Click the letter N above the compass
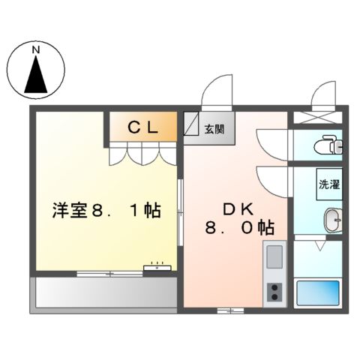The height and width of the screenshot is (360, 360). [35, 50]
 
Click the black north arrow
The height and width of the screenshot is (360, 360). [35, 76]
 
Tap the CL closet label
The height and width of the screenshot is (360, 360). [142, 127]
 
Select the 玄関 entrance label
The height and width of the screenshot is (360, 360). [214, 128]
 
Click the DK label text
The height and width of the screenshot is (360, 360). [232, 208]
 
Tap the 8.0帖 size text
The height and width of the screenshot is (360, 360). [240, 226]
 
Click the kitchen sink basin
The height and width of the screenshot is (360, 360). [273, 257]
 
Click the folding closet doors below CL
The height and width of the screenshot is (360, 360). [143, 154]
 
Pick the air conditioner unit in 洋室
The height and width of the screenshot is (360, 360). [158, 265]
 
